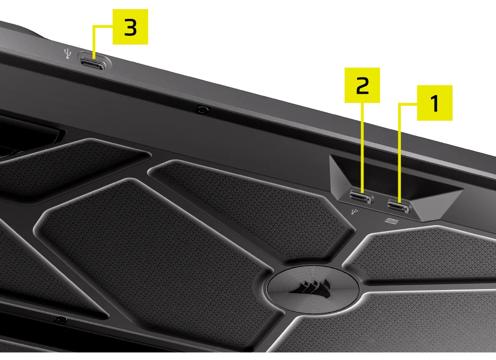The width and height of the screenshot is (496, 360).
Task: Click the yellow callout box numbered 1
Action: coord(434,103)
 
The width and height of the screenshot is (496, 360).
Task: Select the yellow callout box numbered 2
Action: coord(362,85)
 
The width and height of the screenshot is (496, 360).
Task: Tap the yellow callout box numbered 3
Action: coord(130,27)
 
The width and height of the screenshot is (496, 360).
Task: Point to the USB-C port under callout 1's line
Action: coord(398,205)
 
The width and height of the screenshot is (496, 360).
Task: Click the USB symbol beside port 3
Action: coord(68,53)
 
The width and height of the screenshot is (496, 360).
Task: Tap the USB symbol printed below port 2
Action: coord(354,212)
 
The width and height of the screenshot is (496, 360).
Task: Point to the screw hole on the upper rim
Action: coord(202,110)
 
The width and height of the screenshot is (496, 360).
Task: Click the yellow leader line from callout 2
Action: coord(363,149)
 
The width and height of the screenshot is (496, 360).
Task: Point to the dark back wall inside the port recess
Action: coord(397,174)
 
